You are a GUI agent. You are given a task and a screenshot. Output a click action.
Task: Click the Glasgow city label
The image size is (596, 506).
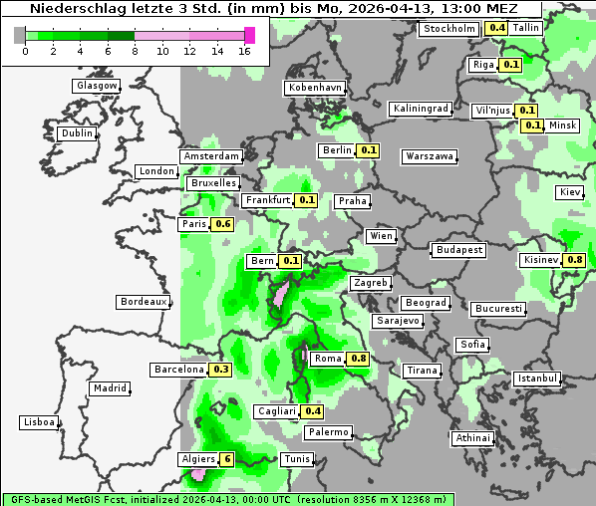(x=97, y=86)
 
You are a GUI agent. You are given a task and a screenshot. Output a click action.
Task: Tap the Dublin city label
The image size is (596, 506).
(x=77, y=133)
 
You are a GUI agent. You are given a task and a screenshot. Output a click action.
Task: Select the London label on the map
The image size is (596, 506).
(x=156, y=171)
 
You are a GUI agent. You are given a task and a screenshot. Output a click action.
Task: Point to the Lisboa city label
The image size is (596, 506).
(x=39, y=422)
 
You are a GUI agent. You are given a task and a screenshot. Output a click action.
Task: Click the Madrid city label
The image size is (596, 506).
(x=109, y=388)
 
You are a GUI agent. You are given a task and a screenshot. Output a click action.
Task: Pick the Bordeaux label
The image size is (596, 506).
(x=143, y=302)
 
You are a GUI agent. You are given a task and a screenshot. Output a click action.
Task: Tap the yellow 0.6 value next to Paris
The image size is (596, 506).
(x=223, y=224)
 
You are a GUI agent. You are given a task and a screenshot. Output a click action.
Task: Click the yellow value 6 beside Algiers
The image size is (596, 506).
(x=227, y=459)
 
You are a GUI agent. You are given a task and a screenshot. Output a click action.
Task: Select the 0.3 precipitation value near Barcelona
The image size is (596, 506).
(x=221, y=370)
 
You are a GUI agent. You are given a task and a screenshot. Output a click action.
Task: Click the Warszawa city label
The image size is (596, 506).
(x=431, y=156)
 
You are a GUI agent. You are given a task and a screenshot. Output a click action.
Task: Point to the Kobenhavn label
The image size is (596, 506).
(x=315, y=88)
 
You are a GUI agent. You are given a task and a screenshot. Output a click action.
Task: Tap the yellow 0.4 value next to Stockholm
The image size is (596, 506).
(x=496, y=28)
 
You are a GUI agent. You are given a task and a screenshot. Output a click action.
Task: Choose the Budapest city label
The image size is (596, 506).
(x=458, y=249)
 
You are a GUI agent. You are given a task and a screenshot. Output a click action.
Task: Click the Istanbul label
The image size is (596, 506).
(x=537, y=379)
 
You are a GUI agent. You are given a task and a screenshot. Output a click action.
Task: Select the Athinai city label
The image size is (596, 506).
(x=472, y=438)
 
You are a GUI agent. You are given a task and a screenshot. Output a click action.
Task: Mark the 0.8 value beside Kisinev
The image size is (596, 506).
(x=575, y=260)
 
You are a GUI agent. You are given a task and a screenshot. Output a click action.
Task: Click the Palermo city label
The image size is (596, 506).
(x=328, y=432)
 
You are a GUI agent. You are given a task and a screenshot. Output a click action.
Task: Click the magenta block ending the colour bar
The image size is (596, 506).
(x=249, y=35)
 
